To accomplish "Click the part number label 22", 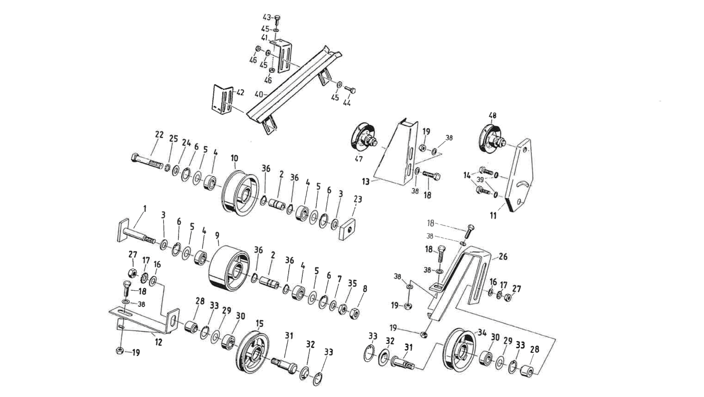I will click(x=159, y=134).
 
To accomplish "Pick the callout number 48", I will click(x=492, y=116).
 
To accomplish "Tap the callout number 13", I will click(x=365, y=182).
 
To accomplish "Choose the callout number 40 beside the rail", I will click(x=259, y=94).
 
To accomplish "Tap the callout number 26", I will click(x=503, y=257).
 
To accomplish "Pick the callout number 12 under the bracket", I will click(x=158, y=343).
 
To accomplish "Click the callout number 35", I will click(x=352, y=283).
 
